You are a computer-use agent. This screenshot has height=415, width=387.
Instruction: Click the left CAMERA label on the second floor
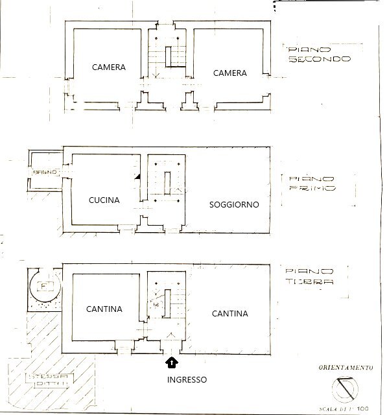pyautogui.click(x=108, y=67)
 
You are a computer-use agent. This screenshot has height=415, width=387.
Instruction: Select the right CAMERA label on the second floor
pyautogui.click(x=230, y=73)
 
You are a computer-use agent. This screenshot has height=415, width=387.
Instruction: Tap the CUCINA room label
pyautogui.click(x=104, y=200)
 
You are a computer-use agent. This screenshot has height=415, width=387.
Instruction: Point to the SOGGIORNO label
pyautogui.click(x=234, y=204)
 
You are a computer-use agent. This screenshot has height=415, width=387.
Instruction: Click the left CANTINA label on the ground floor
pyautogui.click(x=104, y=309)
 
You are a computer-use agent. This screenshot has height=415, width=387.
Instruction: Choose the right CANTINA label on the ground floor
pyautogui.click(x=230, y=314)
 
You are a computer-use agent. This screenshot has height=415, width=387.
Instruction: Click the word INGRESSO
pyautogui.click(x=186, y=380)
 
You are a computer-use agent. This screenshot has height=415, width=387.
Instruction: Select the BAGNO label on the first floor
pyautogui.click(x=47, y=172)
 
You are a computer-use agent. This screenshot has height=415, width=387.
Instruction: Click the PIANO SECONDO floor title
pyautogui.click(x=319, y=54)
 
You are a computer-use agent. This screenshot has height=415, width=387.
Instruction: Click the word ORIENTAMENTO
pyautogui.click(x=346, y=368)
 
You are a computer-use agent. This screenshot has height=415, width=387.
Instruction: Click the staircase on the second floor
pyautogui.click(x=168, y=55)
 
